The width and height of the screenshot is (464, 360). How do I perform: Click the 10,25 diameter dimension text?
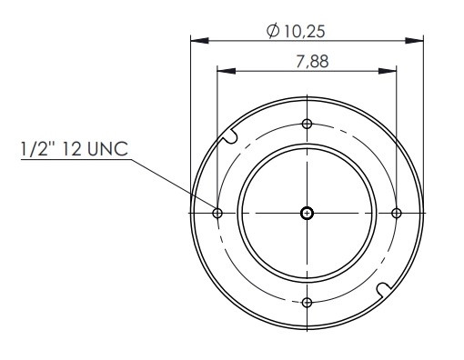pos(304,32)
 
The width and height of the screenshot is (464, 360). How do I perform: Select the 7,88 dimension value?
pos(312,61)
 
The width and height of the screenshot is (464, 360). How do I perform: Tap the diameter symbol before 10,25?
pos(273,31)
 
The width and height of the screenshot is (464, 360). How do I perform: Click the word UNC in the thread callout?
pos(107,149)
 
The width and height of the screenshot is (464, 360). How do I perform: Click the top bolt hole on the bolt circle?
pos(307,124)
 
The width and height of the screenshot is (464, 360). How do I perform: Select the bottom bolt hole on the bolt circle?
pos(307,302)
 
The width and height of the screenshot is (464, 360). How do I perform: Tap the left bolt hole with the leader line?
pos(217,213)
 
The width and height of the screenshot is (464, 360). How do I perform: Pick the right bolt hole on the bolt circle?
pos(397,213)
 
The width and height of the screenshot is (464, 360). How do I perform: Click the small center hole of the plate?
pos(307,214)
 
